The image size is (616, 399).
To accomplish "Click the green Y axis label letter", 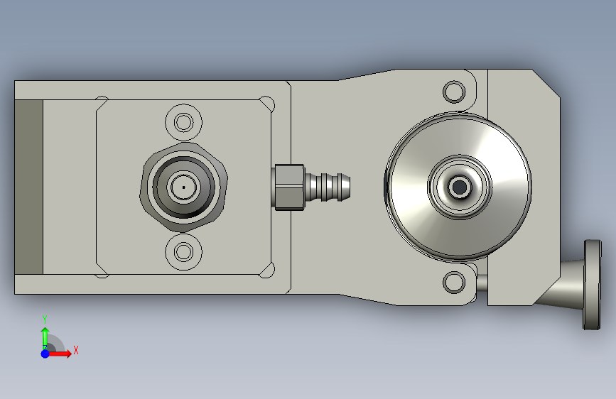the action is point(45,319).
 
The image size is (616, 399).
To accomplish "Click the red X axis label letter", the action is point(76,350).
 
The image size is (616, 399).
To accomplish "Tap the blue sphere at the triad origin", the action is point(45,354).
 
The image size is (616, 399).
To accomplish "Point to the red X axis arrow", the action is point(59,354).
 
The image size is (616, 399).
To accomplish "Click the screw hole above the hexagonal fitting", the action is point(183,122).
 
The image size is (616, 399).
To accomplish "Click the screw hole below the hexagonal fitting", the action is point(183,251).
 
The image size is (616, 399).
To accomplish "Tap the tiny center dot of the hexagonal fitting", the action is point(183,187).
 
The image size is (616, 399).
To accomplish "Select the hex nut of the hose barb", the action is point(288,187).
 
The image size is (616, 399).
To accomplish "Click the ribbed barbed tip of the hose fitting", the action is point(328,187).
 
